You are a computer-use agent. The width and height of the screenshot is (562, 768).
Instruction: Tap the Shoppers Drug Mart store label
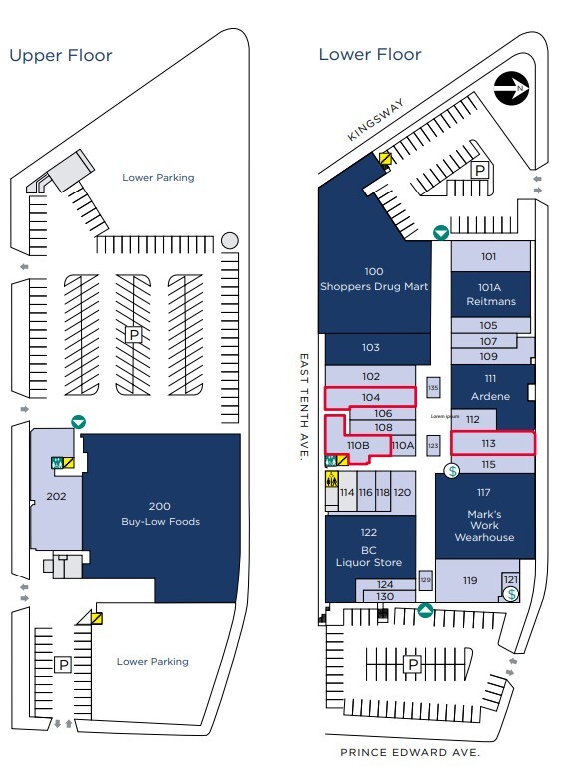pos(373,280)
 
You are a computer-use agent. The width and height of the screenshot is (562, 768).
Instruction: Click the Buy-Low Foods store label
pos(160,514)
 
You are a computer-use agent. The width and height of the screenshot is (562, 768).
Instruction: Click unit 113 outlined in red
pos(488,442)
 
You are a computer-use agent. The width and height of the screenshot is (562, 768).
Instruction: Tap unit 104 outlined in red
pos(371,397)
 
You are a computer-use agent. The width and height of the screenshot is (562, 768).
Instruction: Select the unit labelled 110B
pos(358,445)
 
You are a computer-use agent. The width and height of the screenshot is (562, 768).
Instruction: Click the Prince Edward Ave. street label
pos(410,752)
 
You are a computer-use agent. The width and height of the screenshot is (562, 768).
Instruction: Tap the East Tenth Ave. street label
pos(303,405)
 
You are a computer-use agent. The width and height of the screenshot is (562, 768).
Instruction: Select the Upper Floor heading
pos(61,56)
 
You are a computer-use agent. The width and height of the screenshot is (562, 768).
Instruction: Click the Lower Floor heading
pos(369,55)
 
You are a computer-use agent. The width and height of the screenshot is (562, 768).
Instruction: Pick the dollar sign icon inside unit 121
pos(511,594)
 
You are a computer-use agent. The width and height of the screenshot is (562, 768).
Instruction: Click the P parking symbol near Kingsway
pos(480,171)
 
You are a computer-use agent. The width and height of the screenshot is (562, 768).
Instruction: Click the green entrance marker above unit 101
pos(440,233)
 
